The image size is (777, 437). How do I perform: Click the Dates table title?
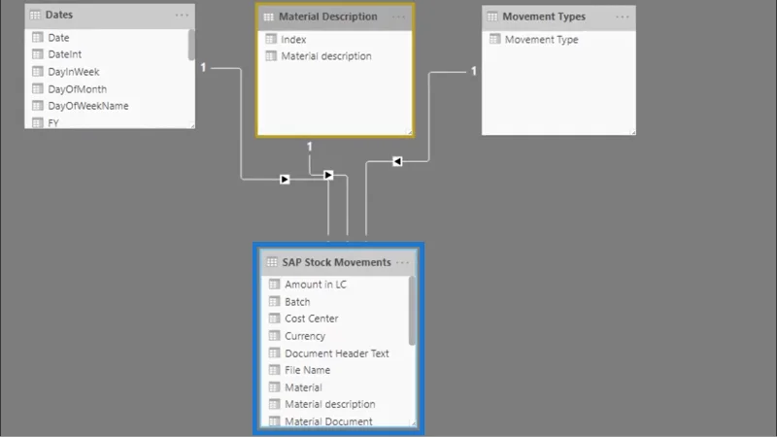59,15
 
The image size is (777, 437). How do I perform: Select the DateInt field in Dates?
64,54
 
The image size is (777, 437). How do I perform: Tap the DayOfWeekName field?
88,106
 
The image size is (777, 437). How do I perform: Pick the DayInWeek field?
74,72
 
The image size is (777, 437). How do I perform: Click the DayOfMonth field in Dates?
78,89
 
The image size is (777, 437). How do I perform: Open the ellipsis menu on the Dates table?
182,16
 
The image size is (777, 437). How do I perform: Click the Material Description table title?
328,17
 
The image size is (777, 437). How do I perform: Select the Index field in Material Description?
293,40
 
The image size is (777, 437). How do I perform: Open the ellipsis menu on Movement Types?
623,17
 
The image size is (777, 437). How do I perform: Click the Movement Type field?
542,40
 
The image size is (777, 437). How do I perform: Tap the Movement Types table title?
544,17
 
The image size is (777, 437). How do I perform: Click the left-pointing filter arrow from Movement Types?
397,161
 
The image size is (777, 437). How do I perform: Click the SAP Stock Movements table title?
336,262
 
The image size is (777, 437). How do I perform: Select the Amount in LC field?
316,285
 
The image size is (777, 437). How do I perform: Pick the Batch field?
297,302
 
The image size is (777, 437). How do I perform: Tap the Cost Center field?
312,319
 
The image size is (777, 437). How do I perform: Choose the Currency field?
305,336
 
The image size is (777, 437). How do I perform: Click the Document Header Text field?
337,353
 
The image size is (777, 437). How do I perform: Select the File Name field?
307,370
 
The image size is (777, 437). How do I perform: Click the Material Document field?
328,421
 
